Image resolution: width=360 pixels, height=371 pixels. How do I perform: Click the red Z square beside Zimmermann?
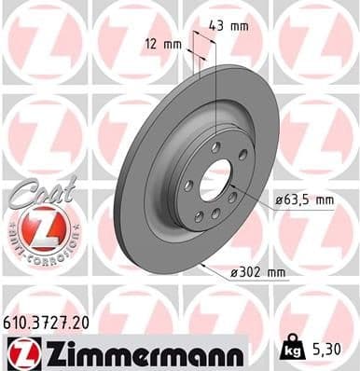tap(21, 351)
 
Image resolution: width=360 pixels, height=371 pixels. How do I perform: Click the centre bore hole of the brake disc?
tap(215, 179)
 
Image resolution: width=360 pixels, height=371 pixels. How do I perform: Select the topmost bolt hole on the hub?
tap(215, 147)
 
